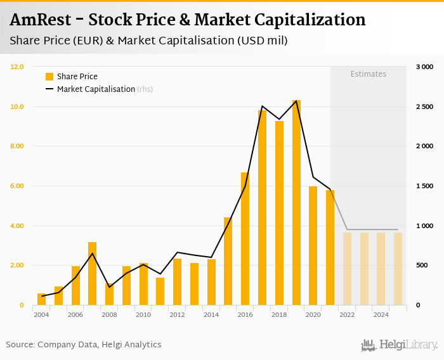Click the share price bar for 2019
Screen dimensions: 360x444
[296, 203]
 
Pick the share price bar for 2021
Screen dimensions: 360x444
[330, 248]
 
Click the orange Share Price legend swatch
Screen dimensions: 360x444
[49, 77]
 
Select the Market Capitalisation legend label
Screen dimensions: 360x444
[96, 89]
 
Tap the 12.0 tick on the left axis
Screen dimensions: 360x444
[17, 67]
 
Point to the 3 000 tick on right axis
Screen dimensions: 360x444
[424, 67]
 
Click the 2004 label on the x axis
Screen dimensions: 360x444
[41, 314]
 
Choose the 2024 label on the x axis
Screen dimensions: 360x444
[381, 314]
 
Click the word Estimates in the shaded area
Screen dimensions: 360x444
[369, 74]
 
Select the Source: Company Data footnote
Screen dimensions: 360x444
[84, 345]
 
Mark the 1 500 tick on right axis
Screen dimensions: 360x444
[424, 186]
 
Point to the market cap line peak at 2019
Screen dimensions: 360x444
[296, 101]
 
